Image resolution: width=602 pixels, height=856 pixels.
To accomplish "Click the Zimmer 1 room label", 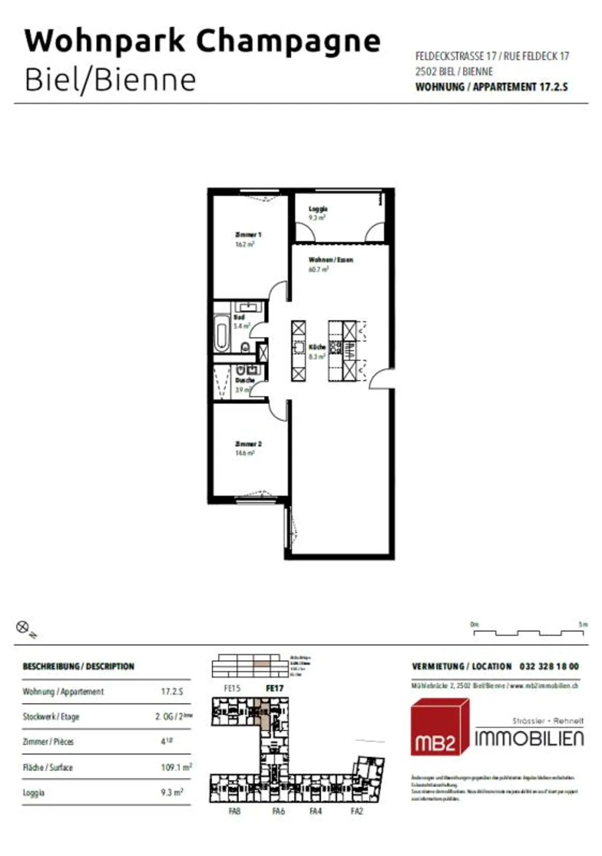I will [248, 235].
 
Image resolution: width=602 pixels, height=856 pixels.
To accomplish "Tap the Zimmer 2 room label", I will [248, 444].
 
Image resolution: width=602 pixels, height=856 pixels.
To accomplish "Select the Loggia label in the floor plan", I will [318, 209].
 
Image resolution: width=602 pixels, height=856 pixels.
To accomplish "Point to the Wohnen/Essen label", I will [331, 260].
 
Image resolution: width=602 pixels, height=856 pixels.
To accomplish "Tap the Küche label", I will [317, 347].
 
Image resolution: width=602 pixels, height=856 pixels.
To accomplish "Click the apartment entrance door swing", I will [380, 379].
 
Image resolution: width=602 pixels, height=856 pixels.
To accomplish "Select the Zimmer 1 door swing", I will [278, 290].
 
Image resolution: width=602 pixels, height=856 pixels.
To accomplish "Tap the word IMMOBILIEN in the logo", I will [529, 739].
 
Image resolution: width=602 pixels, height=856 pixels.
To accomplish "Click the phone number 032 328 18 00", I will [549, 666].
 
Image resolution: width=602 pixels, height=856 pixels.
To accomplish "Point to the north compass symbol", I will [23, 627].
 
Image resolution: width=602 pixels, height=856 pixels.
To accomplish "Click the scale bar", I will [528, 633].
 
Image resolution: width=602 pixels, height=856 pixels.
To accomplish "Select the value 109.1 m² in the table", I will [176, 767].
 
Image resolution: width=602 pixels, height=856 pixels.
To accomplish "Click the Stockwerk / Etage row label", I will [51, 717].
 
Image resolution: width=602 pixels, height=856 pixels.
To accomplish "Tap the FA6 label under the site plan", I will [278, 811].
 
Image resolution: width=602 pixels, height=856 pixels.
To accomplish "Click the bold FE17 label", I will [275, 688].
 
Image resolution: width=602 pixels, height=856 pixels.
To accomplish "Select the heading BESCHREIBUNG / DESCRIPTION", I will [79, 666].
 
